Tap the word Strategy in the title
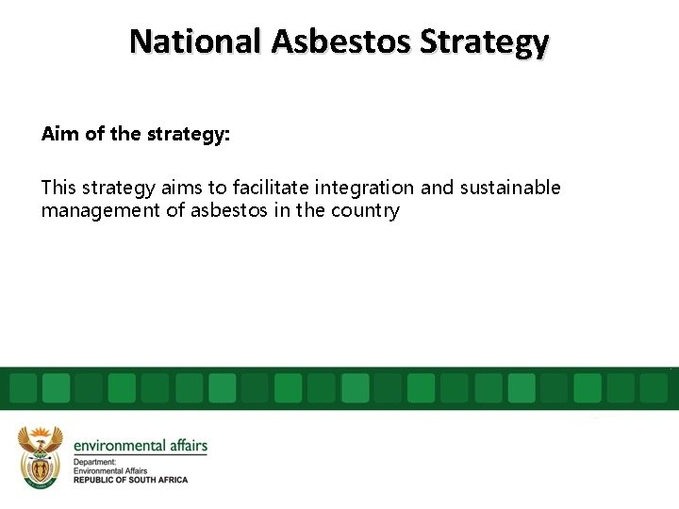pyautogui.click(x=485, y=41)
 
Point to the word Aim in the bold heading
pyautogui.click(x=60, y=134)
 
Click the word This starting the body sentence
pyautogui.click(x=60, y=188)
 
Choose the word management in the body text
pyautogui.click(x=101, y=210)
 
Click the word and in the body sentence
pyautogui.click(x=437, y=188)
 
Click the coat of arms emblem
pyautogui.click(x=40, y=457)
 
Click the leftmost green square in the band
pyautogui.click(x=23, y=387)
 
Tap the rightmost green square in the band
pyautogui.click(x=654, y=387)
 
